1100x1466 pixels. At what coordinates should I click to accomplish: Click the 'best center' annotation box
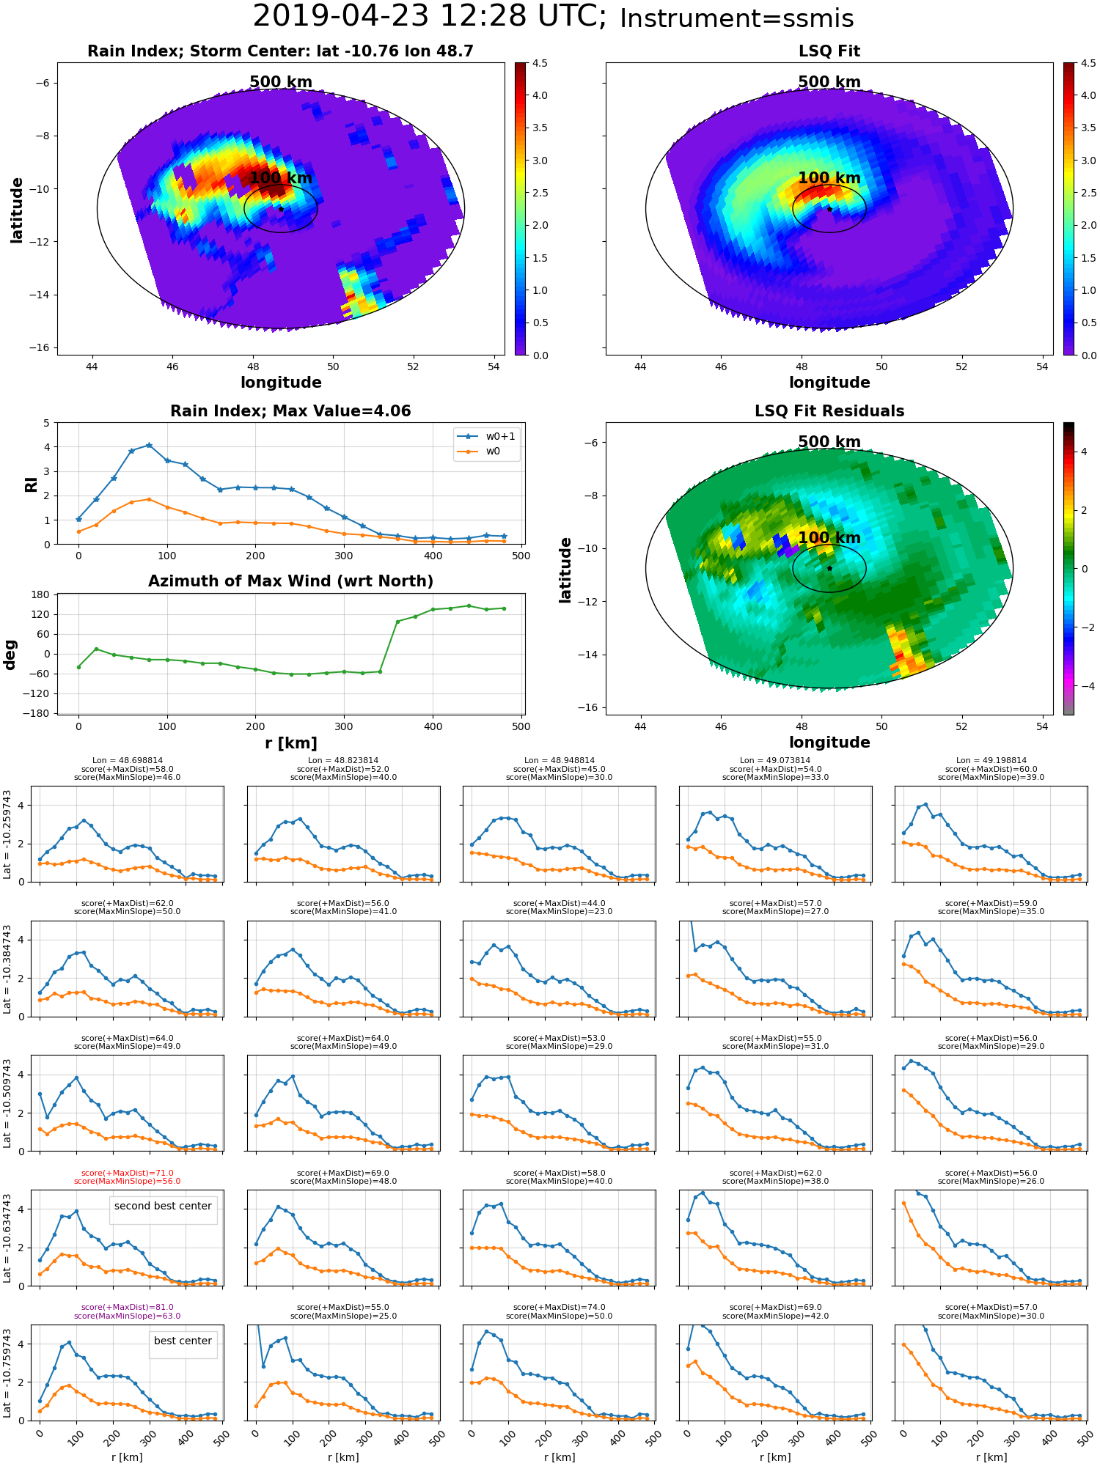point(183,1341)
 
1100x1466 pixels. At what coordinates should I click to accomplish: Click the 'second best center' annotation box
point(163,1206)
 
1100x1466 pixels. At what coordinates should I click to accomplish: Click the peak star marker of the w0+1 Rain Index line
point(149,445)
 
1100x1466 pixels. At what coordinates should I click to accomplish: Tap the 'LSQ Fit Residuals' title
point(829,411)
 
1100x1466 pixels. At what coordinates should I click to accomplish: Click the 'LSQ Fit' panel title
point(829,51)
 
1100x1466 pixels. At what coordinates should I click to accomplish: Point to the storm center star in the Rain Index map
point(281,209)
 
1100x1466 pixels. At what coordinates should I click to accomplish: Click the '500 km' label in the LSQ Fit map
point(829,82)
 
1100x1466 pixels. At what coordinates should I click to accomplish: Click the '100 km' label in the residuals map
point(829,538)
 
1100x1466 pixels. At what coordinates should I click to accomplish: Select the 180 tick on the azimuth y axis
point(41,594)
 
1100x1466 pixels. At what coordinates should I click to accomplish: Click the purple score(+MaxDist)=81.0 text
point(127,1307)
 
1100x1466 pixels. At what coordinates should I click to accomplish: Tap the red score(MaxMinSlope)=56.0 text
point(127,1181)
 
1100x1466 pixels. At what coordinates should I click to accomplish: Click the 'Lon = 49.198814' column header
point(991,760)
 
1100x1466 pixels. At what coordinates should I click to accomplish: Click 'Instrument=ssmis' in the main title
point(736,19)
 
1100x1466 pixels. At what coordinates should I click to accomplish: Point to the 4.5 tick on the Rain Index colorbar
point(540,63)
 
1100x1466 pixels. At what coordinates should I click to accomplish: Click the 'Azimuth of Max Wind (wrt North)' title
point(290,581)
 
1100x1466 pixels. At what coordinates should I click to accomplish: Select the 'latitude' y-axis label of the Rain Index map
point(17,210)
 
